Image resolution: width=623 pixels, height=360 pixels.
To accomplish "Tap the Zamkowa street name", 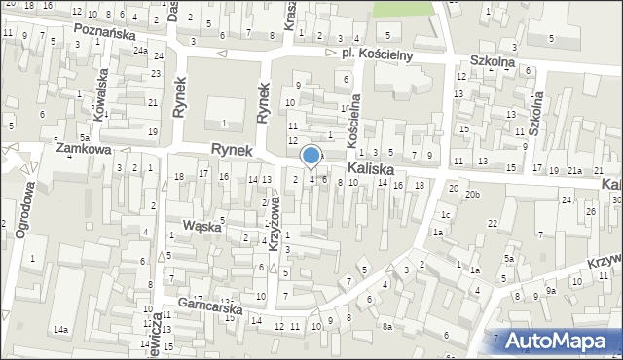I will click(x=84, y=150).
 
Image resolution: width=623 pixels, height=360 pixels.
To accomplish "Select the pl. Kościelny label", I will click(x=378, y=55).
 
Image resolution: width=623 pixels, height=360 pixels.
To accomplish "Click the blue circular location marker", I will click(x=311, y=155).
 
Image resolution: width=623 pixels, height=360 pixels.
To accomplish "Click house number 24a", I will click(x=141, y=51).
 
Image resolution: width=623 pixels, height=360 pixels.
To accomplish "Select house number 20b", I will click(x=472, y=195).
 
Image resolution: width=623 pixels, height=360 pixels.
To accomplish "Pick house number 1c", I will click(x=444, y=214).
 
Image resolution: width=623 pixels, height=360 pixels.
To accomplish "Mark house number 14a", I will click(x=60, y=331).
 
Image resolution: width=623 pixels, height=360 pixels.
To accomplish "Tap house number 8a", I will click(x=386, y=327).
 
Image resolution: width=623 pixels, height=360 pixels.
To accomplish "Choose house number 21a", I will click(x=575, y=171).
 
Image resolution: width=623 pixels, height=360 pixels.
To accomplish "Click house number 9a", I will click(x=550, y=290).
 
